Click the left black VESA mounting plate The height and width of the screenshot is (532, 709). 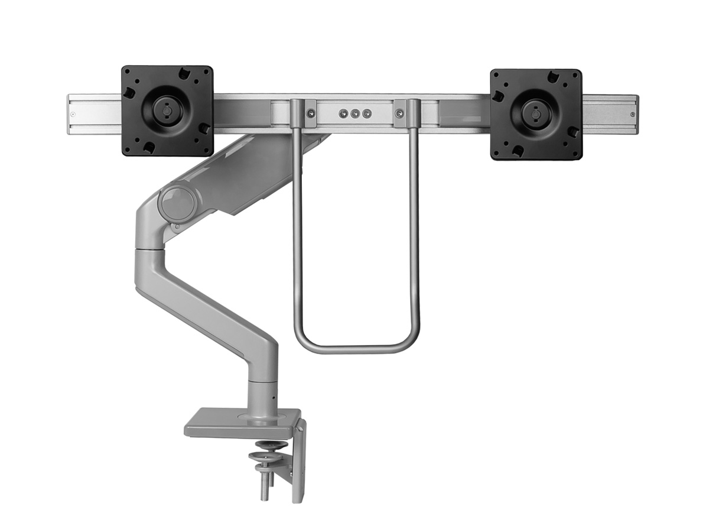pos(167,111)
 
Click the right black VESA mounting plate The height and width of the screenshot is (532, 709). pos(536,114)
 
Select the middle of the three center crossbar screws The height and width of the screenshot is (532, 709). pos(354,113)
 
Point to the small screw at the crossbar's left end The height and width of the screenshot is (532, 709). pos(73,114)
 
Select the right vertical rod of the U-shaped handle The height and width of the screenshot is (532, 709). pos(415,236)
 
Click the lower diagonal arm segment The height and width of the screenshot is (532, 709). pos(207,307)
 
